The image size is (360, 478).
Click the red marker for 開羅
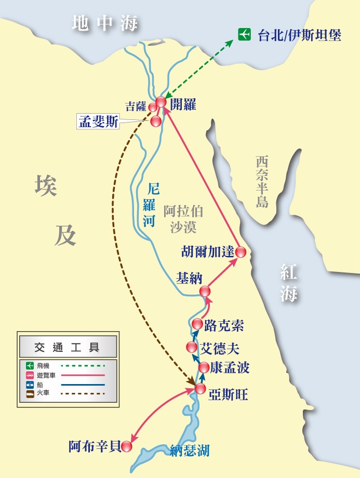tap(161, 102)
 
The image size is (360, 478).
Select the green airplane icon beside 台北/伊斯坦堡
tap(244, 35)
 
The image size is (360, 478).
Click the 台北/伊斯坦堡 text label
tap(299, 35)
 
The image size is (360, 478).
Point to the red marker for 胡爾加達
tap(241, 252)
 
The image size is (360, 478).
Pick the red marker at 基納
tap(205, 291)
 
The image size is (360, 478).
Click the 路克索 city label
tap(223, 325)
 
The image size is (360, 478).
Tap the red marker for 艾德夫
tap(192, 347)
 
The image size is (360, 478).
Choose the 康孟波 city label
tap(230, 368)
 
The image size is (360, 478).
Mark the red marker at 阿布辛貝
tap(127, 446)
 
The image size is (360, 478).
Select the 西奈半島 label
tap(262, 182)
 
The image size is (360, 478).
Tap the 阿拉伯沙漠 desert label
tap(183, 218)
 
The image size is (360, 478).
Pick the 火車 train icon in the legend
tap(30, 394)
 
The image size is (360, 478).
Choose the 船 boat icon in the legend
tap(30, 385)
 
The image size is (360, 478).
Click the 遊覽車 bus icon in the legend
tap(30, 375)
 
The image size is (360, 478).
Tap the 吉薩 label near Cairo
tap(136, 106)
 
